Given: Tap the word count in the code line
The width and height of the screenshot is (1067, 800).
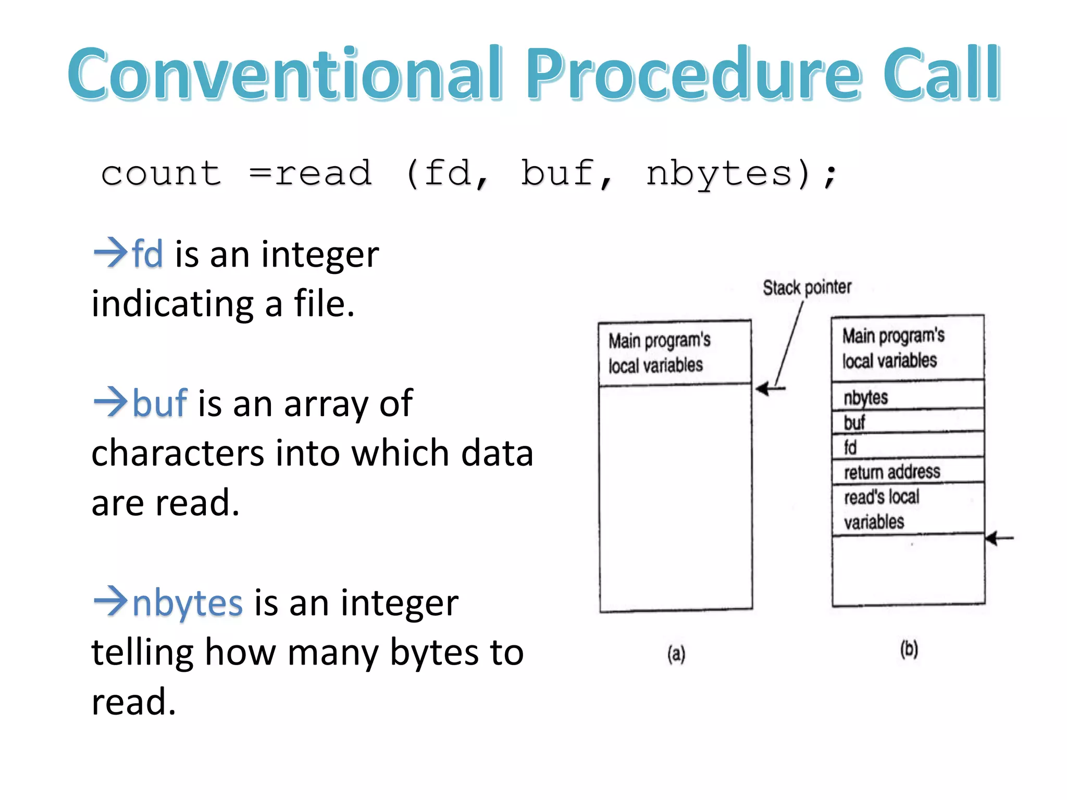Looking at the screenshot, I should click(162, 173).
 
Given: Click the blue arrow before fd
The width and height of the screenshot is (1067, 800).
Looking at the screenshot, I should click(110, 252).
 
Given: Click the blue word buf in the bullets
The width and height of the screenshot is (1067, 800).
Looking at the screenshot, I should click(159, 403).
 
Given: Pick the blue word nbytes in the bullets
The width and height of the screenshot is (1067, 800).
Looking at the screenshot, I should click(188, 603).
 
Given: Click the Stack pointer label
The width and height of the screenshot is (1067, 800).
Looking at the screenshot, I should click(807, 287).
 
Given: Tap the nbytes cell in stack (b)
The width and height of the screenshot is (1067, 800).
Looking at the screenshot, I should click(907, 396).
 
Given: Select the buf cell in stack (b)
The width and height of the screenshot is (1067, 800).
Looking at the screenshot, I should click(907, 421).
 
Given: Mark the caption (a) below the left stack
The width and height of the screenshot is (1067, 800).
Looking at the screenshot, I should click(676, 653).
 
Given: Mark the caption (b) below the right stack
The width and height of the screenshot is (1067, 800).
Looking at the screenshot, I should click(909, 649).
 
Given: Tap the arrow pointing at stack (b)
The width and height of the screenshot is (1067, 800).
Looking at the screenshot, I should click(998, 538).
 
